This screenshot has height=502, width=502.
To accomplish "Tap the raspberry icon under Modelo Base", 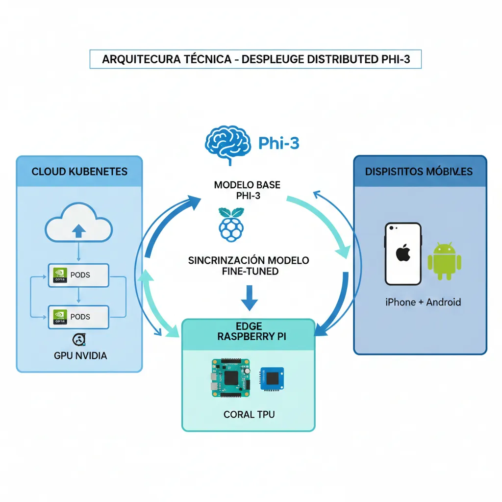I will [230, 224].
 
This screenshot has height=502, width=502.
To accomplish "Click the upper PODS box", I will [78, 275].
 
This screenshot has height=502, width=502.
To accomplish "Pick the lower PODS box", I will [78, 317].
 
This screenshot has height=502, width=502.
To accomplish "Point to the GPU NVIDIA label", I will [80, 355].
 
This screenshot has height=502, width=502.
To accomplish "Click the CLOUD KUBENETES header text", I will [79, 172].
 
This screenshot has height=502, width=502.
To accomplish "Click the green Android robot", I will [445, 260].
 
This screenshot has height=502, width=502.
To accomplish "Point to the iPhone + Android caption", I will [423, 302].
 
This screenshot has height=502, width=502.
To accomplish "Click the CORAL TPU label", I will [249, 414].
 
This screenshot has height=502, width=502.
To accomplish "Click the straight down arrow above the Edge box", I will [249, 297].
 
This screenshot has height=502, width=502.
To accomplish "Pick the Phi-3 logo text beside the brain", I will [278, 144].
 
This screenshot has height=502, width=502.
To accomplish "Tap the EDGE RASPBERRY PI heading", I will [249, 331].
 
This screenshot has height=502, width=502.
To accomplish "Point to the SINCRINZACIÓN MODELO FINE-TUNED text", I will [249, 265].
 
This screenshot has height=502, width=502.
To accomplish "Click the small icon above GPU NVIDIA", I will [79, 340].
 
